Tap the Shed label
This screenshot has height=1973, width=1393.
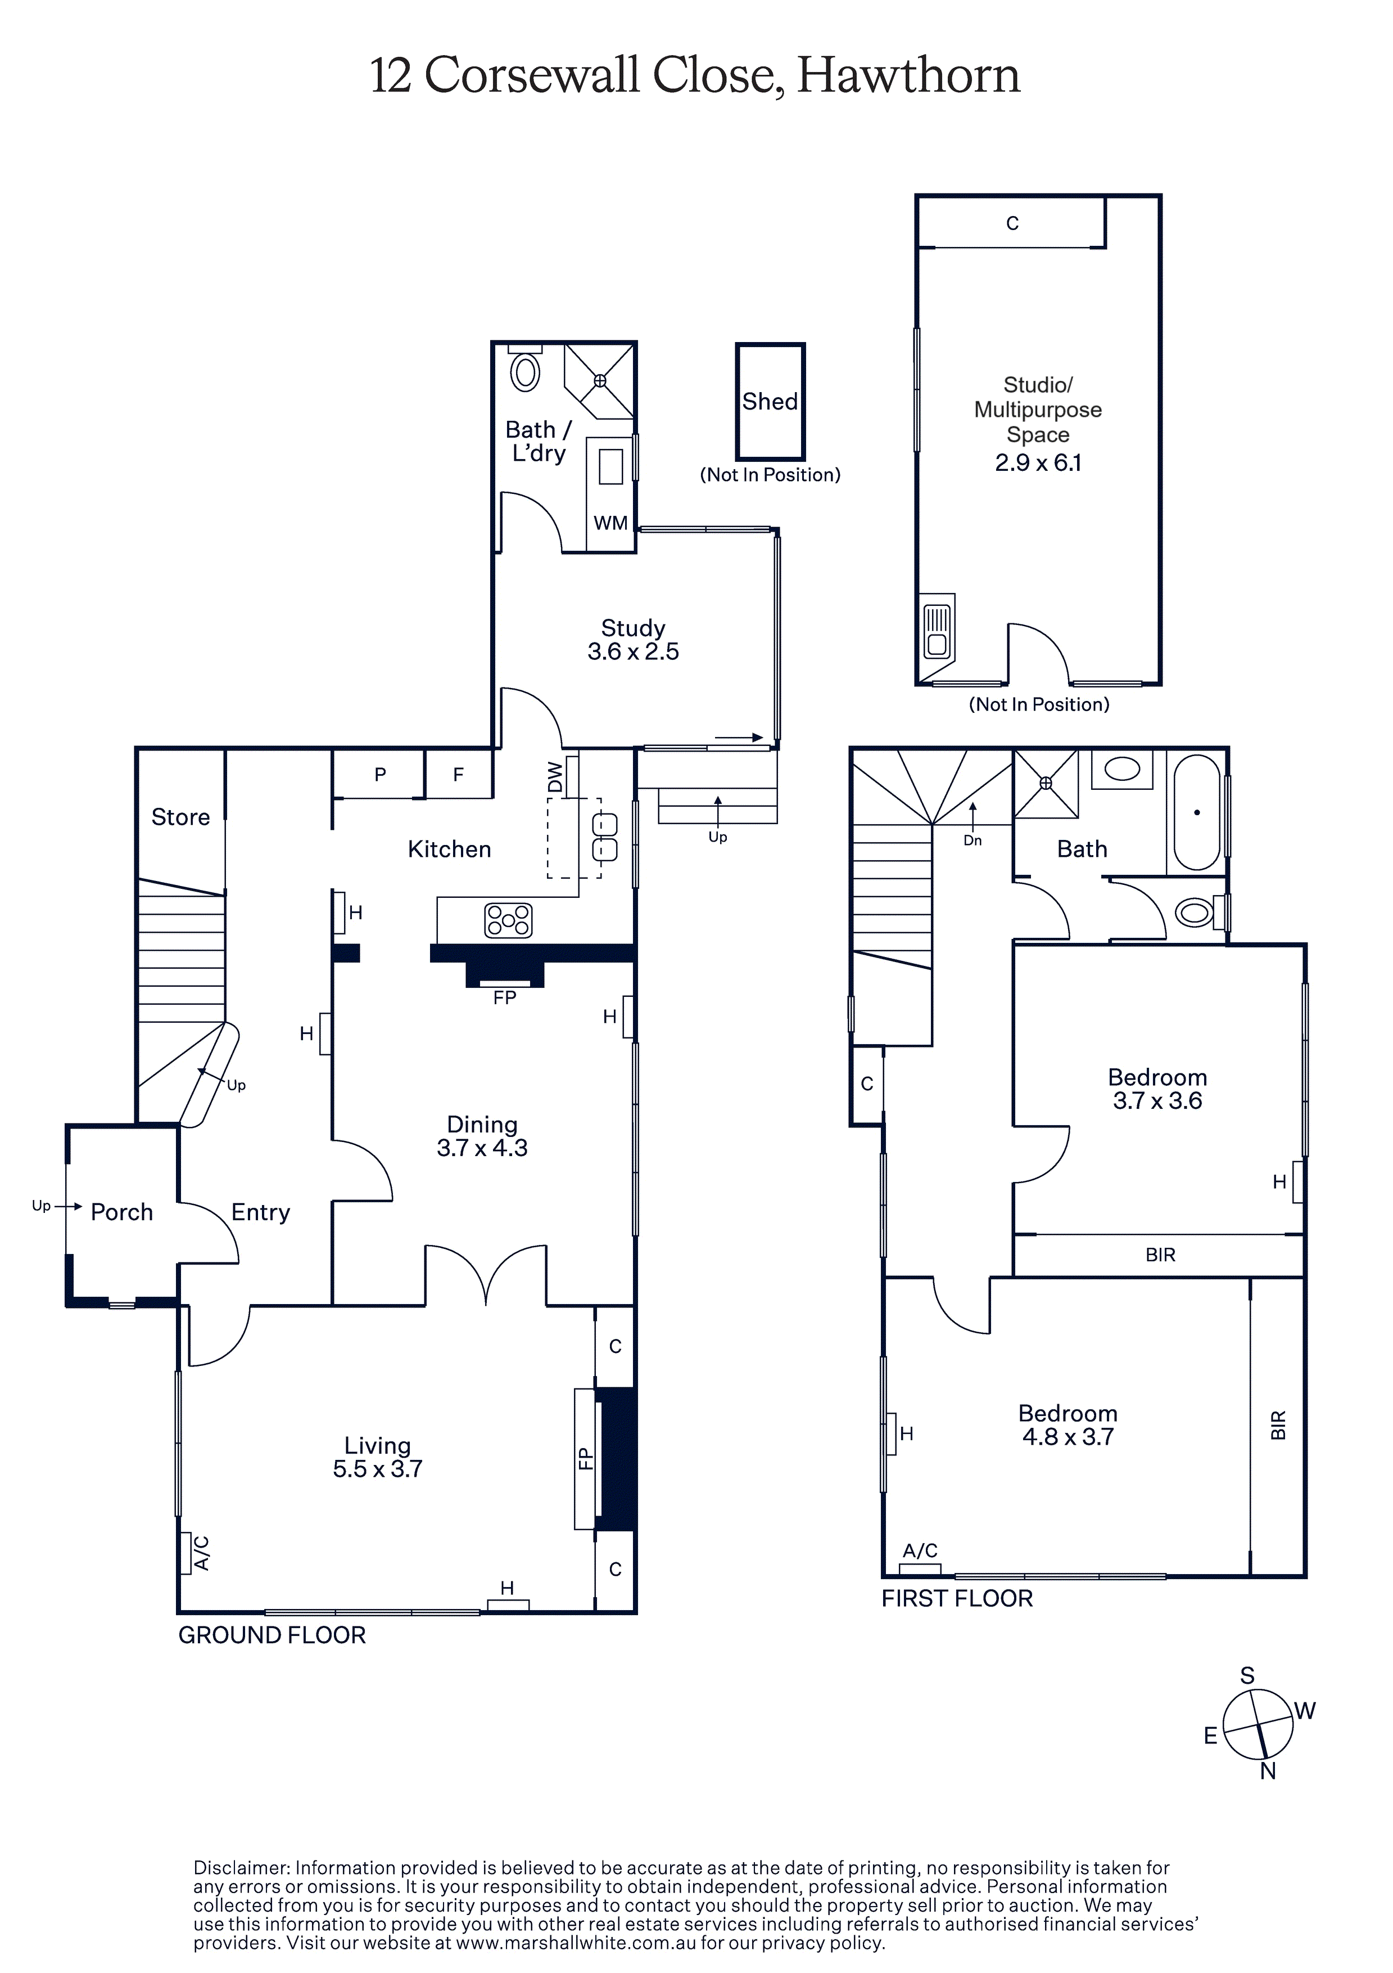[770, 401]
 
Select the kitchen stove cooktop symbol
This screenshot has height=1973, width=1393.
[508, 920]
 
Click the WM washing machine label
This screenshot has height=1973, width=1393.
[610, 523]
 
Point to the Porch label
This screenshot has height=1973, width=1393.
[122, 1212]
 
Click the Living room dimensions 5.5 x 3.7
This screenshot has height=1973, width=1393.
[378, 1468]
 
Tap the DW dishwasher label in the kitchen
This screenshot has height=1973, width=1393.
[555, 777]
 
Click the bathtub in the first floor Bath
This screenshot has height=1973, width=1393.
[1196, 813]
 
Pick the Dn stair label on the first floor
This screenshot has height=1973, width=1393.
[972, 841]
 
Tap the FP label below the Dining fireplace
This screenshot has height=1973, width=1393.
[505, 997]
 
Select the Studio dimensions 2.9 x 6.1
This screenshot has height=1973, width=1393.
[1038, 462]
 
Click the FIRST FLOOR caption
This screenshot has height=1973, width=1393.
[957, 1598]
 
